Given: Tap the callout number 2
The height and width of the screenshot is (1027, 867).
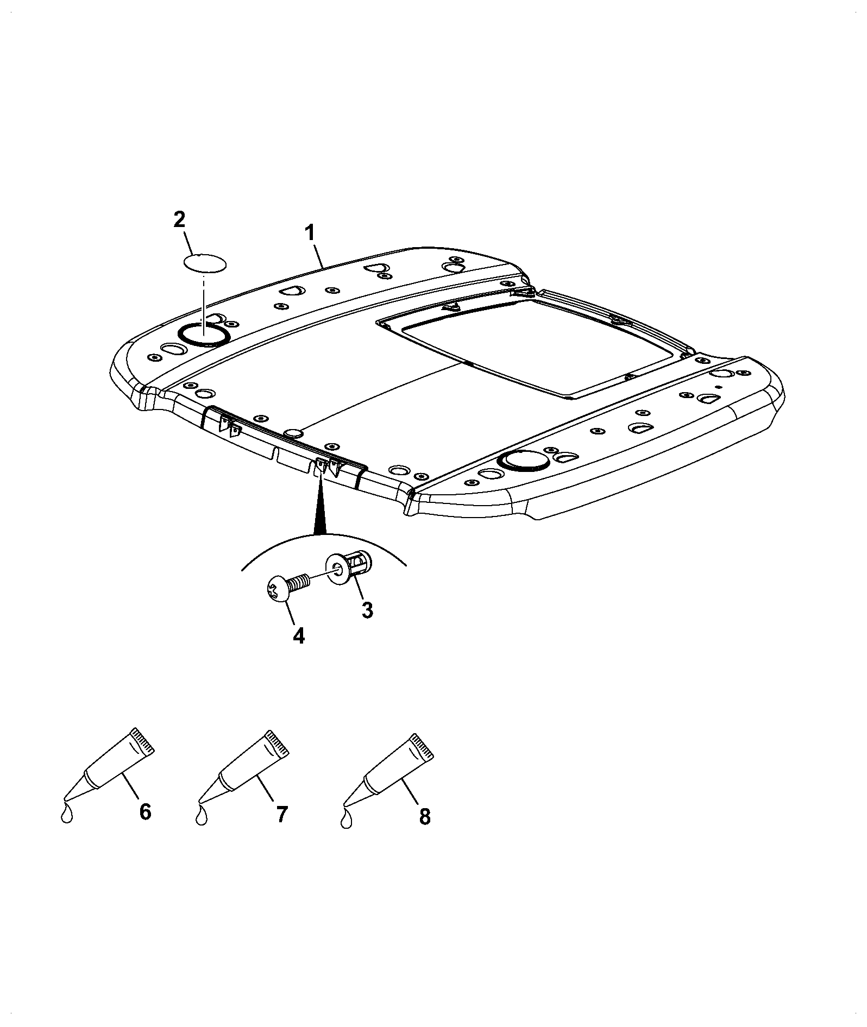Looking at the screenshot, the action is click(x=179, y=220).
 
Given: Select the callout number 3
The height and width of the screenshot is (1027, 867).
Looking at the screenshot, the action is click(x=367, y=610).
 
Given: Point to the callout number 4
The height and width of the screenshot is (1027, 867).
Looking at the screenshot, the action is click(x=299, y=635).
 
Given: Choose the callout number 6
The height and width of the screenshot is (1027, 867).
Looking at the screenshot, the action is click(x=145, y=827).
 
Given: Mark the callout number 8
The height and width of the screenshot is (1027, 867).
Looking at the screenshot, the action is click(x=425, y=832).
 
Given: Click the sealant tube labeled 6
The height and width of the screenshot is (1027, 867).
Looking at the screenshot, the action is click(x=109, y=766).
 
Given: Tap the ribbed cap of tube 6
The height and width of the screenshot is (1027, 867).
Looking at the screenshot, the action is click(x=143, y=741).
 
